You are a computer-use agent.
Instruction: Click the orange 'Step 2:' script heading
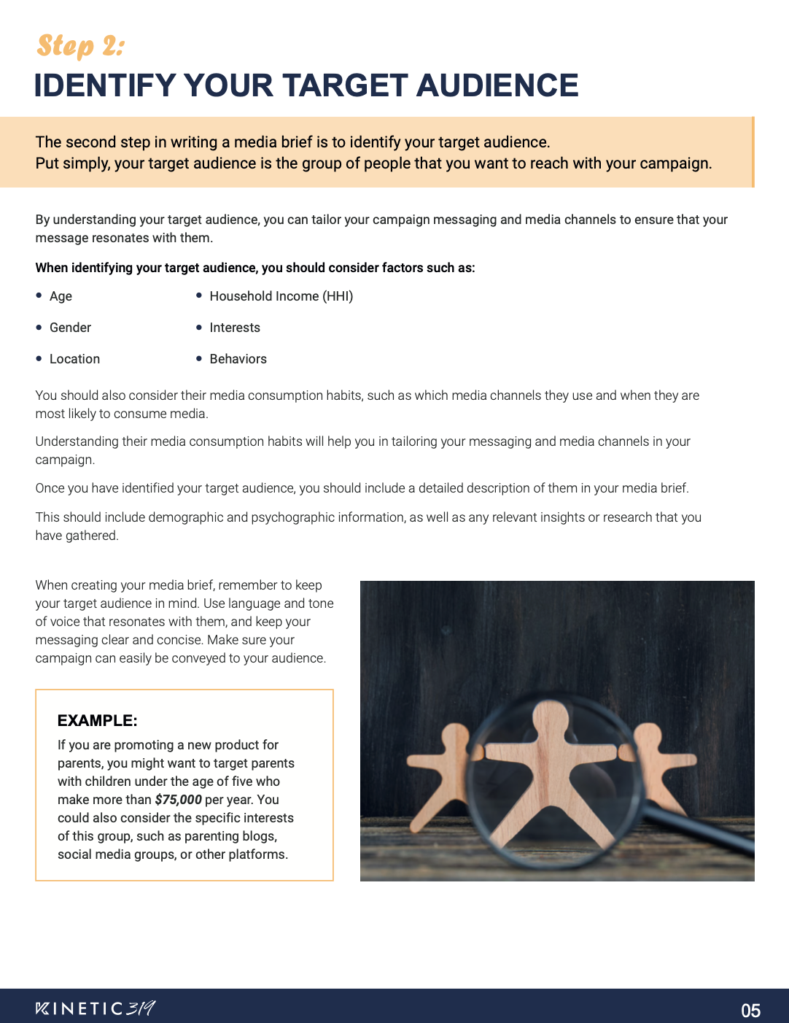tap(80, 46)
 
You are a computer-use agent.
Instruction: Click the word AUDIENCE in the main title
tap(497, 85)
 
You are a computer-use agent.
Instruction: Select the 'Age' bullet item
tap(61, 296)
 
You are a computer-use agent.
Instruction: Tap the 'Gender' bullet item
tap(70, 328)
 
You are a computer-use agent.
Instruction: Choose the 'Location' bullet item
tap(74, 359)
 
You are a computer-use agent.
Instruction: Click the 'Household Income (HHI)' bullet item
tap(281, 296)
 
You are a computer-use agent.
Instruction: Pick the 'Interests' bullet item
tap(235, 328)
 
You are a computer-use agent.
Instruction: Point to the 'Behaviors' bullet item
tap(238, 359)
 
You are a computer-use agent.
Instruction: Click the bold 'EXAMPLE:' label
tap(97, 721)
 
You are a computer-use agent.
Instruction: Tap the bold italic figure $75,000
tap(178, 800)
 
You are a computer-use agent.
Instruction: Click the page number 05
tap(750, 1011)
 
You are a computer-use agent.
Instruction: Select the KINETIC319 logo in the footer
tap(95, 1008)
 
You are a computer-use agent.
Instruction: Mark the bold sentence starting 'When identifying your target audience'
tap(255, 268)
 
